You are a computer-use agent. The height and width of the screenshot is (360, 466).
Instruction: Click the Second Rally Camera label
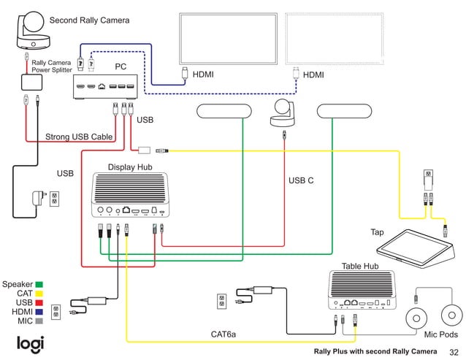tap(88, 20)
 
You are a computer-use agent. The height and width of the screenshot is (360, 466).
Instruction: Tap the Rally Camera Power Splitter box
tap(32, 83)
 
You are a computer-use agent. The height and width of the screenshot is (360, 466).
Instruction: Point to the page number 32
tap(453, 352)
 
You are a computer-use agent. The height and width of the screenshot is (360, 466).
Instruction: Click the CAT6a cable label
tap(224, 334)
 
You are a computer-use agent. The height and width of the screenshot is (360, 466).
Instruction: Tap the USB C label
tap(301, 180)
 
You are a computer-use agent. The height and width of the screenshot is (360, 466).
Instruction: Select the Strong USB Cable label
tap(79, 137)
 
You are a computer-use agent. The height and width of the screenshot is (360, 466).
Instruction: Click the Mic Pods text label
tap(441, 335)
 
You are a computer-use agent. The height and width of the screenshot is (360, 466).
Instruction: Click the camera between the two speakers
tap(282, 113)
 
